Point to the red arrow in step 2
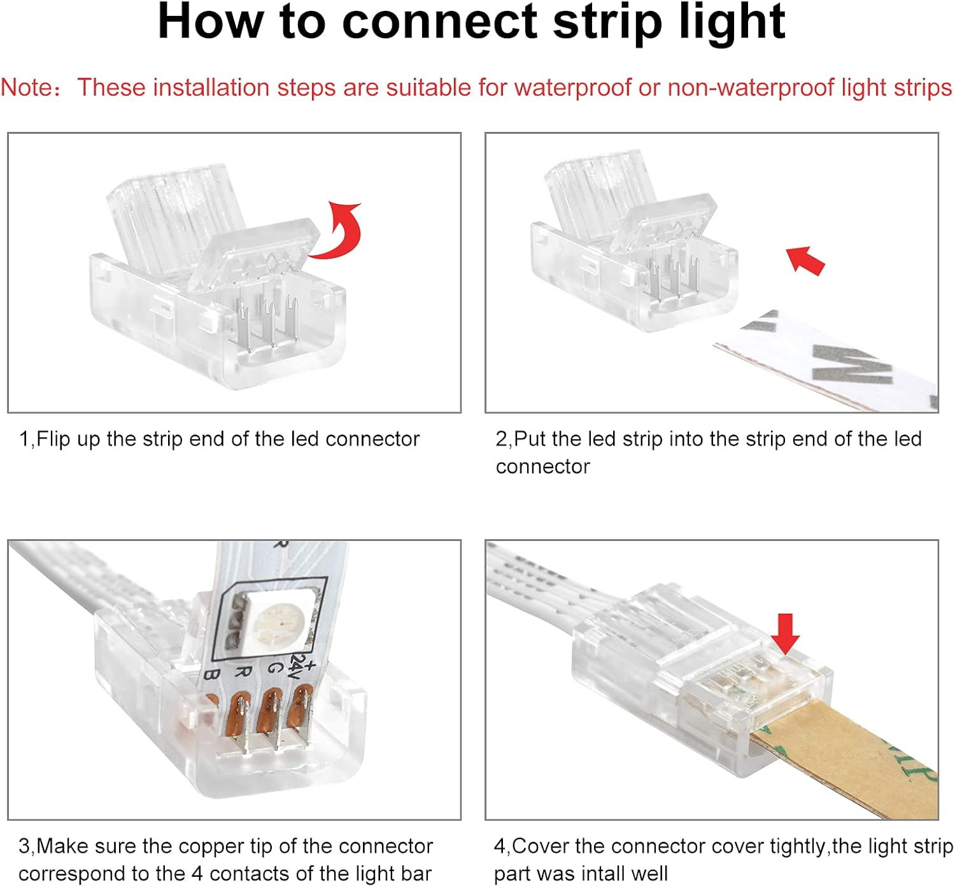805,259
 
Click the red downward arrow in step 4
786,633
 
